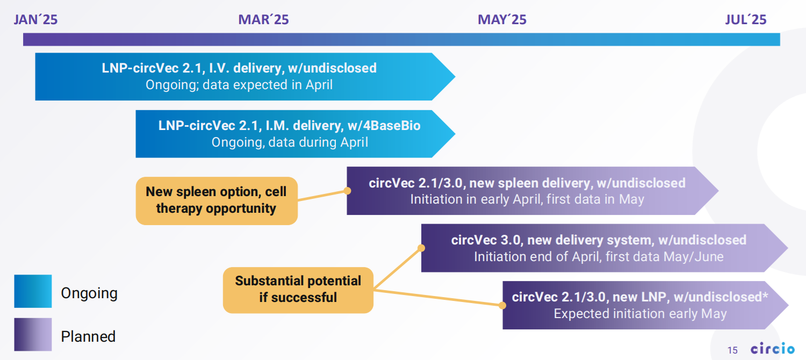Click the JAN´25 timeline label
coord(35,19)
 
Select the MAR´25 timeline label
coord(263,19)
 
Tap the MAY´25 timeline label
coord(502,19)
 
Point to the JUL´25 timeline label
coord(746,19)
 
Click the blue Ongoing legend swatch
coord(33,291)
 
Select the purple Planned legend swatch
coord(33,334)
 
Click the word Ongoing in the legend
coord(89,293)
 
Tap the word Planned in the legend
coord(88,336)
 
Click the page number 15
coord(732,350)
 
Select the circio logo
coord(773,348)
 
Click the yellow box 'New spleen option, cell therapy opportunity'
coord(217,200)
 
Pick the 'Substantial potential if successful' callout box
coord(298,290)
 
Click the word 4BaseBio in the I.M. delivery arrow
coord(384,126)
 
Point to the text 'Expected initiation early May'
coord(640,314)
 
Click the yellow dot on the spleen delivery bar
coord(347,191)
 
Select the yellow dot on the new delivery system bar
coord(421,248)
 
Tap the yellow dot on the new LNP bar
coord(502,305)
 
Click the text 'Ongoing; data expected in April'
coord(239,85)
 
